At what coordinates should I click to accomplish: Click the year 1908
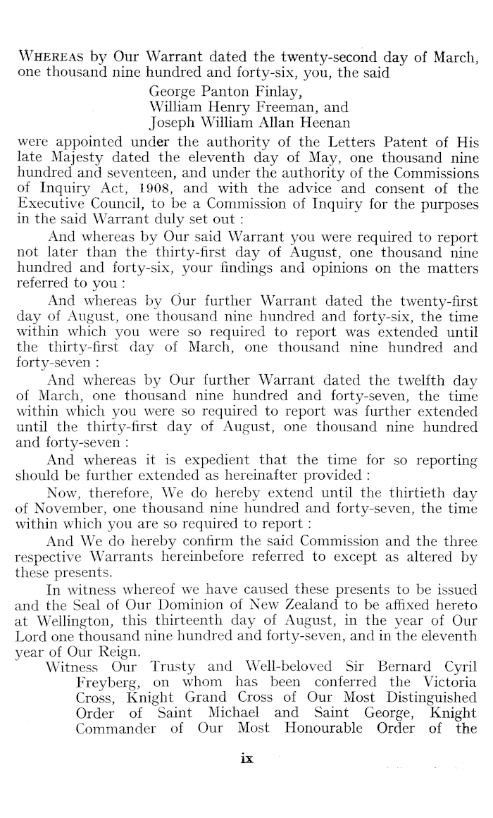146,189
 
